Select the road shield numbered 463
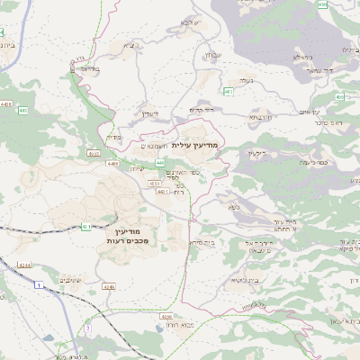point(229,91)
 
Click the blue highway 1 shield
point(39,284)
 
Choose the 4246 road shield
point(109,285)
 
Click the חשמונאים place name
point(156,145)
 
